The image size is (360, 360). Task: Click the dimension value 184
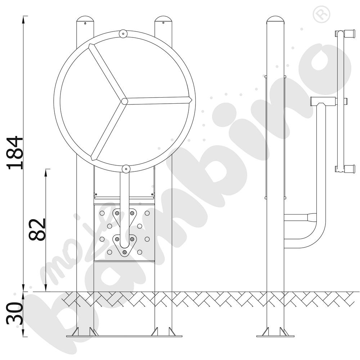[15, 153]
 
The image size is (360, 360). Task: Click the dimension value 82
[37, 229]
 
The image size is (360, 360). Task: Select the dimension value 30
[14, 314]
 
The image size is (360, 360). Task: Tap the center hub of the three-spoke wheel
[124, 101]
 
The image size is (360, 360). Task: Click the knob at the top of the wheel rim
[123, 33]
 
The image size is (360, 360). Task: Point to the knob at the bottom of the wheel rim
[126, 169]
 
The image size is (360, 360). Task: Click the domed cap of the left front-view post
[85, 19]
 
